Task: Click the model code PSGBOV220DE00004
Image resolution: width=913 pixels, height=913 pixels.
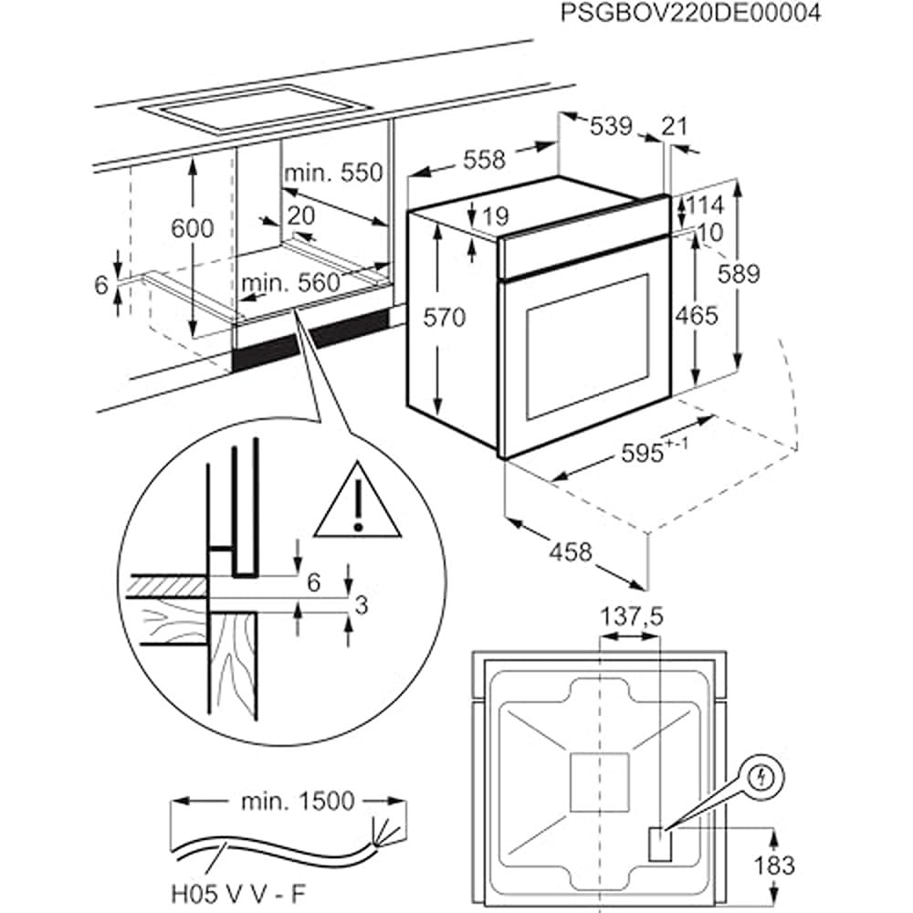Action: click(x=690, y=12)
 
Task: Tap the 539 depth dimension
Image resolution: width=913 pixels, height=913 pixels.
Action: click(x=611, y=126)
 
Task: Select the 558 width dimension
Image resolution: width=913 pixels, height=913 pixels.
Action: click(x=485, y=159)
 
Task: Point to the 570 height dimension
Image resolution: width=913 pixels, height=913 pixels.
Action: click(x=445, y=318)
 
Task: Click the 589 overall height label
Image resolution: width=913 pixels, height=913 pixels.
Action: click(x=739, y=274)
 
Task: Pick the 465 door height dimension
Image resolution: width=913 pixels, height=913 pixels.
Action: click(x=697, y=316)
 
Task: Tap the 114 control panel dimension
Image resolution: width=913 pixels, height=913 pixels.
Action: click(x=706, y=205)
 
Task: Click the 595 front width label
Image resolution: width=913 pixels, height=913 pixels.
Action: click(x=655, y=451)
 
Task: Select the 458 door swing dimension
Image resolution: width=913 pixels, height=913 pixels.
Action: click(x=571, y=551)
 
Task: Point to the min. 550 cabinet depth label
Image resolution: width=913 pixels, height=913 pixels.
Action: click(x=333, y=173)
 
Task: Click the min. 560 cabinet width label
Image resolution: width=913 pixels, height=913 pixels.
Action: click(x=290, y=283)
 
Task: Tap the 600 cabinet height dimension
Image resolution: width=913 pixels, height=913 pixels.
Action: click(x=192, y=228)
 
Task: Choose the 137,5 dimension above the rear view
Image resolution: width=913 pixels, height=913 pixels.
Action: click(x=631, y=617)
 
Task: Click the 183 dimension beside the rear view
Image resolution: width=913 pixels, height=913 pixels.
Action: click(x=774, y=866)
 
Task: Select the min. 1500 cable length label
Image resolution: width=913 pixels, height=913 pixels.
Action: click(x=298, y=802)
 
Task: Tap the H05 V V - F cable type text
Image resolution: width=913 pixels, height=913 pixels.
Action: click(x=238, y=893)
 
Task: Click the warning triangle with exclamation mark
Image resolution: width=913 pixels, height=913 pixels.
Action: click(x=358, y=501)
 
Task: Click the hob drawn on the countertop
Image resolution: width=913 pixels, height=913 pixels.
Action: click(x=255, y=110)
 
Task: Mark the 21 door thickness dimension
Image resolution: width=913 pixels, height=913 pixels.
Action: click(x=675, y=126)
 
